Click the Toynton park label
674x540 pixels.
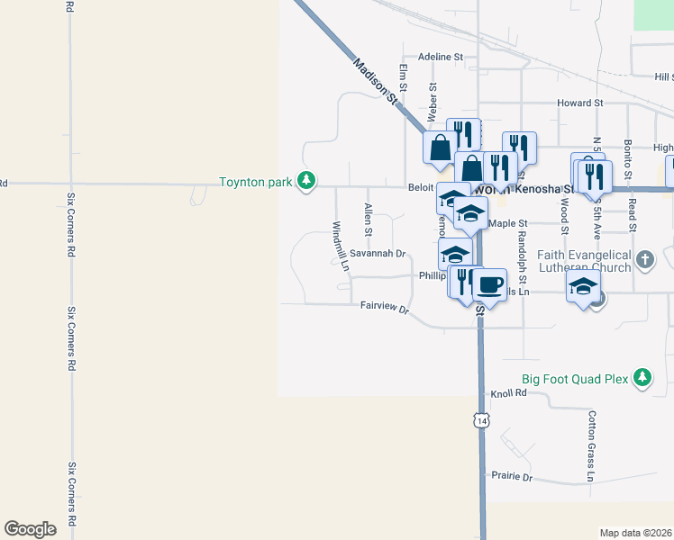(255, 182)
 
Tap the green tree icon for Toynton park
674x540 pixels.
(307, 182)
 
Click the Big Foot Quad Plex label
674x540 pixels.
(574, 379)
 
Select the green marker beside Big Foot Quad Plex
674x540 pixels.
(642, 378)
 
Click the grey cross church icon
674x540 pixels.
(644, 261)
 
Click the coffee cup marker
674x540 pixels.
(489, 285)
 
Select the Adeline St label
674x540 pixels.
(440, 57)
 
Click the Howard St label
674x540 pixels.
(573, 103)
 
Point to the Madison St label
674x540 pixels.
(376, 81)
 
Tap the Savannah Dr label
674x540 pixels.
(378, 254)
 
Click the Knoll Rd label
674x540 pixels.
(508, 394)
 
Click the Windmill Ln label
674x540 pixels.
(340, 247)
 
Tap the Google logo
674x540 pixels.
(31, 529)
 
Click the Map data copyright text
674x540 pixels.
(635, 533)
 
